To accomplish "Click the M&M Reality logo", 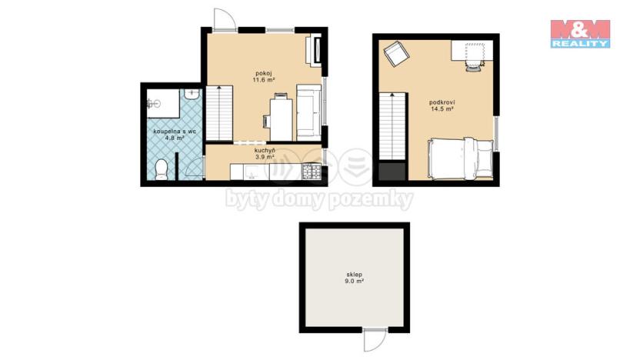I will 580,34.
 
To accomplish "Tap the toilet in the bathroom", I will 162,169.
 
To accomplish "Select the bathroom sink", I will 192,95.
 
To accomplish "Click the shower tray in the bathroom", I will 162,101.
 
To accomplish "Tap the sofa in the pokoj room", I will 309,112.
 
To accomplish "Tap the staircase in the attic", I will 392,127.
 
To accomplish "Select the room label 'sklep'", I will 355,274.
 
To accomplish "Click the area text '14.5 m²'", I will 442,108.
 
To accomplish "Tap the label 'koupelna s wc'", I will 175,132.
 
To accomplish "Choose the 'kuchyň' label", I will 265,150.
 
